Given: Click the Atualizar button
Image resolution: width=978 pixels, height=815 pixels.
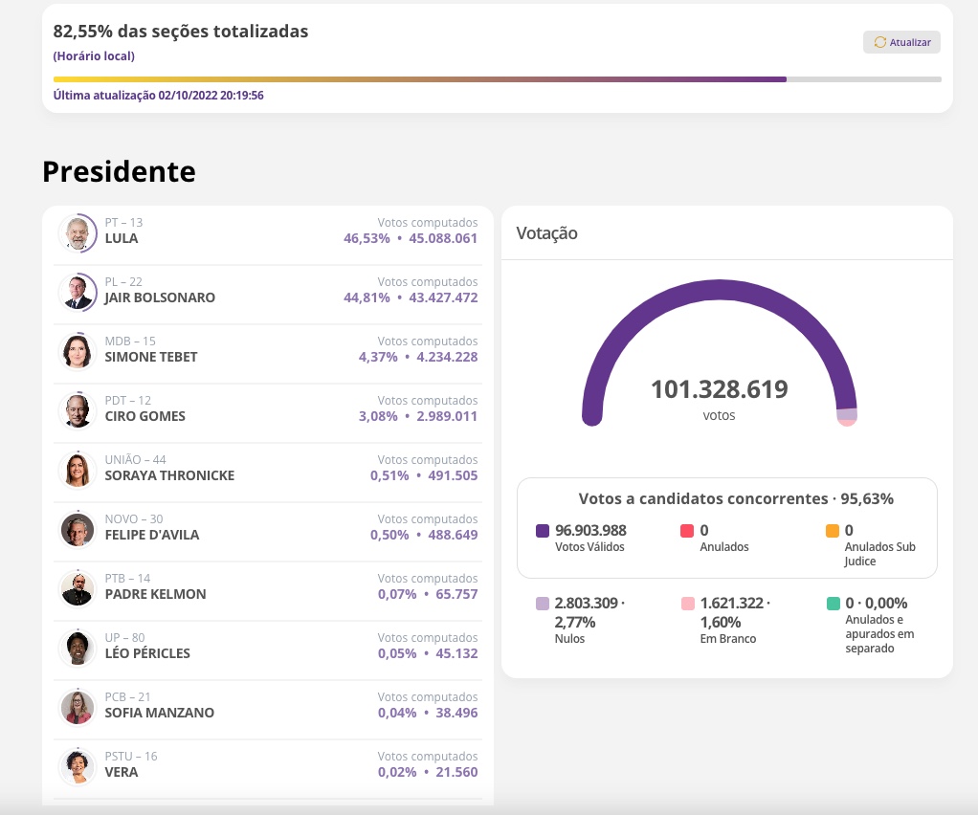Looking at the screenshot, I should pyautogui.click(x=901, y=42).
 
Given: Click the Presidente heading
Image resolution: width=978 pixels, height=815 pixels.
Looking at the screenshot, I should pyautogui.click(x=119, y=171).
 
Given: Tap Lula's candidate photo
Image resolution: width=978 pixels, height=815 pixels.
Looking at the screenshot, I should pyautogui.click(x=77, y=232).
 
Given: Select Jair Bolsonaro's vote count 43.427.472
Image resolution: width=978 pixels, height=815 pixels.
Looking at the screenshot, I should pyautogui.click(x=443, y=297).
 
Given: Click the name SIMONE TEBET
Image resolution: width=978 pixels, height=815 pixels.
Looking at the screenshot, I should pyautogui.click(x=151, y=357).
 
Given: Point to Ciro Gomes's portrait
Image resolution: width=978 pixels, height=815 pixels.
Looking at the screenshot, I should pyautogui.click(x=77, y=410).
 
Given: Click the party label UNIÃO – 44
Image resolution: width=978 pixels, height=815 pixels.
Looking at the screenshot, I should pyautogui.click(x=136, y=460).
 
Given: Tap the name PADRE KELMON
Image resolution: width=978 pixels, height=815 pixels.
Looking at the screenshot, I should pyautogui.click(x=155, y=594).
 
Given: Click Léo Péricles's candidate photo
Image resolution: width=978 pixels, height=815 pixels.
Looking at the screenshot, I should pyautogui.click(x=77, y=648).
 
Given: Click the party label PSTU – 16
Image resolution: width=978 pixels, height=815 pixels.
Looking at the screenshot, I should pyautogui.click(x=131, y=757).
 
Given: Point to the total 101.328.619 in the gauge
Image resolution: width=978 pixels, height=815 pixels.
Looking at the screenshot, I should pyautogui.click(x=719, y=390).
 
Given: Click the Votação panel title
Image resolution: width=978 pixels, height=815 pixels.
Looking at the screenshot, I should pyautogui.click(x=546, y=233).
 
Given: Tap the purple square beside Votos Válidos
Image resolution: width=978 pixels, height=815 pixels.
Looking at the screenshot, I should pyautogui.click(x=543, y=531).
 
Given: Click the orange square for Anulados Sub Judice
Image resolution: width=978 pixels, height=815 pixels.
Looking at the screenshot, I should pyautogui.click(x=833, y=531).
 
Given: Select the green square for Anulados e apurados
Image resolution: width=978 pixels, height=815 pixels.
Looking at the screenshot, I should pyautogui.click(x=833, y=604).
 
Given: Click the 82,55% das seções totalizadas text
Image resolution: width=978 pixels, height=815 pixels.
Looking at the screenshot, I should pyautogui.click(x=181, y=32).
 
